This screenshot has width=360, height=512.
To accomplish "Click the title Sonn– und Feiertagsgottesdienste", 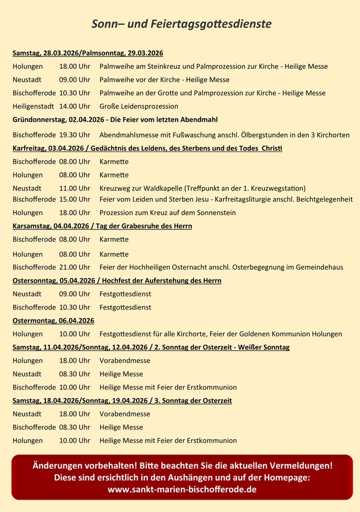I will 182,24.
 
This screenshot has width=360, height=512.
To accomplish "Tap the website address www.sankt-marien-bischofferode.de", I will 182,489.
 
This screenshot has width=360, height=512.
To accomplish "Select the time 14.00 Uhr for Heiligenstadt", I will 74,106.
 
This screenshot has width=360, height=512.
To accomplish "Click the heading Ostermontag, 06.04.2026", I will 53,320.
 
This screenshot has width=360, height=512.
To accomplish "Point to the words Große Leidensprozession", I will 139,106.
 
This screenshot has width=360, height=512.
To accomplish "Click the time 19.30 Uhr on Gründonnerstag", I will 74,135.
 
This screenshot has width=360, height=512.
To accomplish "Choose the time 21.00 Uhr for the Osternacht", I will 74,267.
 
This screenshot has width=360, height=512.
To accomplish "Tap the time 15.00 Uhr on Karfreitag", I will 74,199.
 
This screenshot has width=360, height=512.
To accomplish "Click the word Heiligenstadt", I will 33,106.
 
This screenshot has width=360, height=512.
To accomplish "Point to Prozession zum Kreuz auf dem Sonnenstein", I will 167,213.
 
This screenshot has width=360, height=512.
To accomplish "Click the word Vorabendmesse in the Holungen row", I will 125,361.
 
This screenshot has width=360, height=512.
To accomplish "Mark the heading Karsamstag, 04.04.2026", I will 53,226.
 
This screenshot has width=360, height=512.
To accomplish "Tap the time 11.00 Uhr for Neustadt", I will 74,188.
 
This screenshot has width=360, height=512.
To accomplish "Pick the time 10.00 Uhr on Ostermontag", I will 74,334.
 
